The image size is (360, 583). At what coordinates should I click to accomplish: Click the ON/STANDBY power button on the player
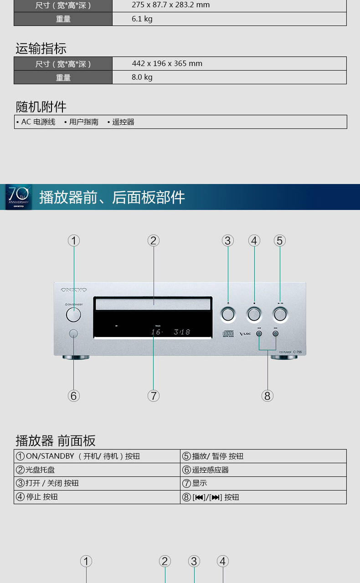coord(73,314)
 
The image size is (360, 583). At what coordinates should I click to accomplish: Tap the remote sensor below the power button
coord(73,333)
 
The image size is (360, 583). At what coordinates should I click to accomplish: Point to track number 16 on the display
coord(156,332)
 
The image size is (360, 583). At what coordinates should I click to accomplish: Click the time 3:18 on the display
coord(182,332)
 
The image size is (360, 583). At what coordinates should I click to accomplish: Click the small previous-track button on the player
coord(259,333)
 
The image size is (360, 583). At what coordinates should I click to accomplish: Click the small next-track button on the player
coord(276,333)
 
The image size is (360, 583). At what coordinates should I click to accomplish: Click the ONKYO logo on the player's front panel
coord(74,290)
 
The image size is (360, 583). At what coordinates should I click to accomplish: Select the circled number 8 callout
coord(267,396)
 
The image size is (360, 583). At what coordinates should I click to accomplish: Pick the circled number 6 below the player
coord(74,396)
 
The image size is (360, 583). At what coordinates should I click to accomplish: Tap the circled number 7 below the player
coord(154,396)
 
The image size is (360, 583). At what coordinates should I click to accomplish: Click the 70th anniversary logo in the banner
coord(19,197)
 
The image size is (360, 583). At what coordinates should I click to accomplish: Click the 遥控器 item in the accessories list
coord(123,122)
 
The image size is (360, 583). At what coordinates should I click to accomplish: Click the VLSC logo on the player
coord(245,334)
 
